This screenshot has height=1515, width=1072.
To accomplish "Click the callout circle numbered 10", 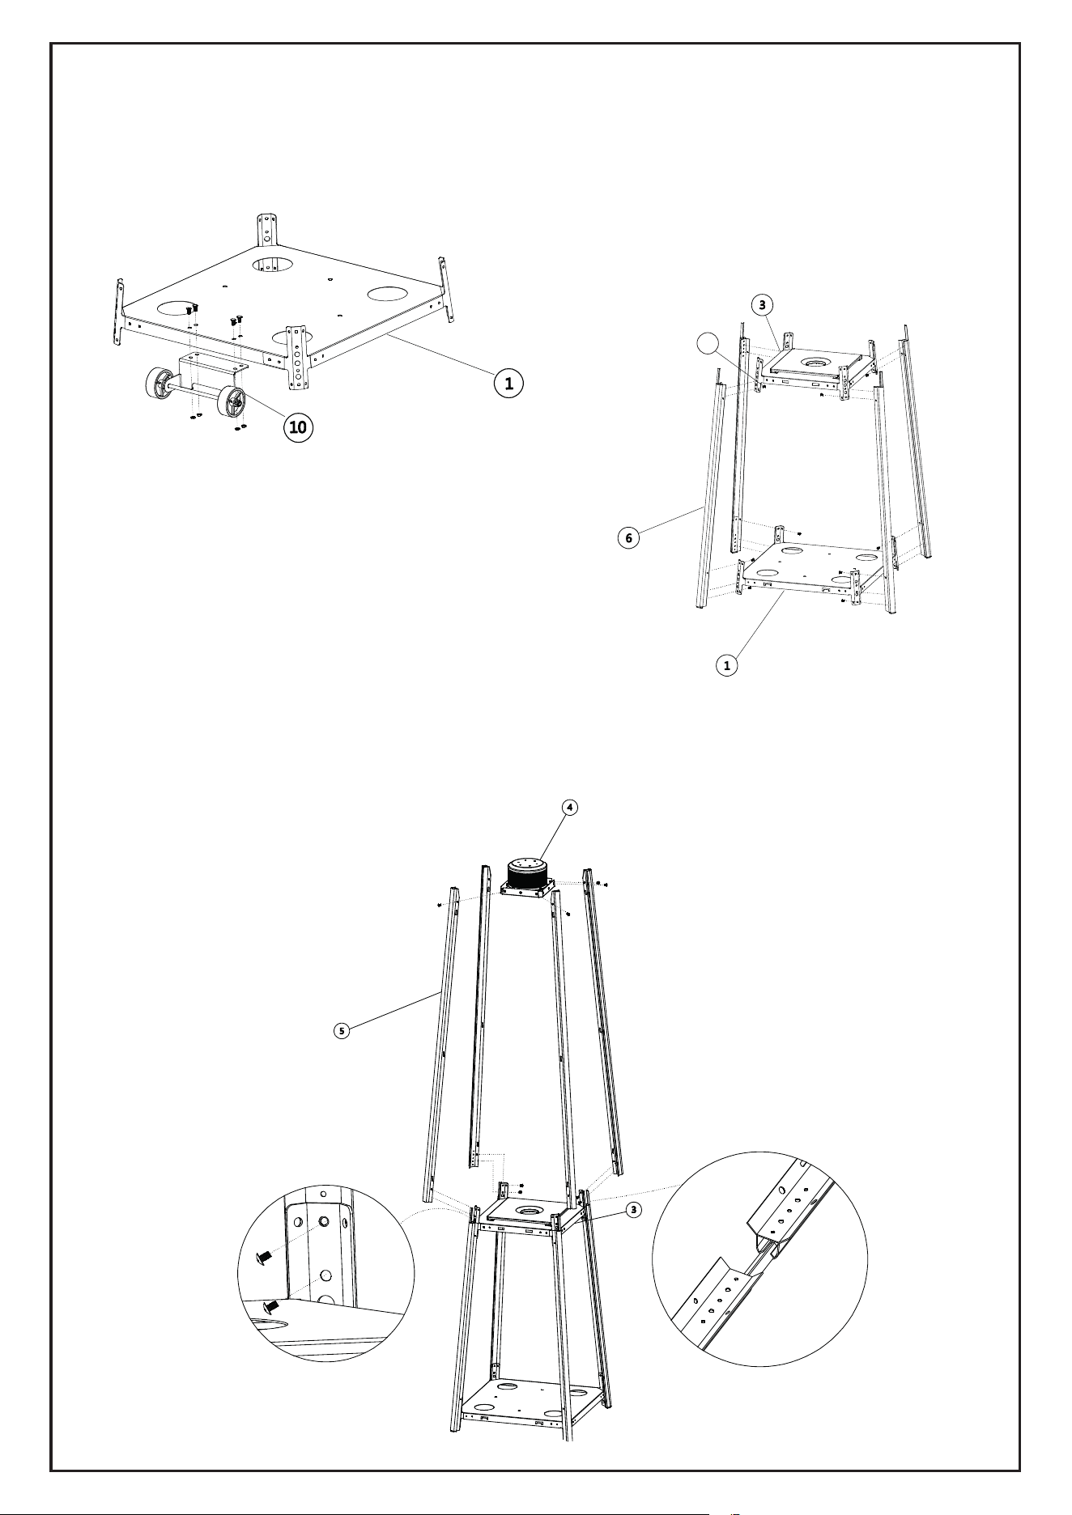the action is (x=299, y=427).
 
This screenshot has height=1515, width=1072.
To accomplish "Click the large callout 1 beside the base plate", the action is (x=509, y=383).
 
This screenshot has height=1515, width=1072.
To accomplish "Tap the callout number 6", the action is (x=627, y=537).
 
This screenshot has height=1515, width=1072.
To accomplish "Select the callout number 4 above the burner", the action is (x=570, y=807).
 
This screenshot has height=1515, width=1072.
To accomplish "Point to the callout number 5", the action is (x=342, y=1030).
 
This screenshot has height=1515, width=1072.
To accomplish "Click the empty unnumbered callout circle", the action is (x=708, y=343).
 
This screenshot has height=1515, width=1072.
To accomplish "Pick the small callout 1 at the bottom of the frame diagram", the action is (x=727, y=665).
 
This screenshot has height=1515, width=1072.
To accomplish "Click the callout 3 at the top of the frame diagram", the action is (x=761, y=304).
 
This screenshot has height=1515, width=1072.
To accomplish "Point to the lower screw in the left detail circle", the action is (x=272, y=1305).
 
